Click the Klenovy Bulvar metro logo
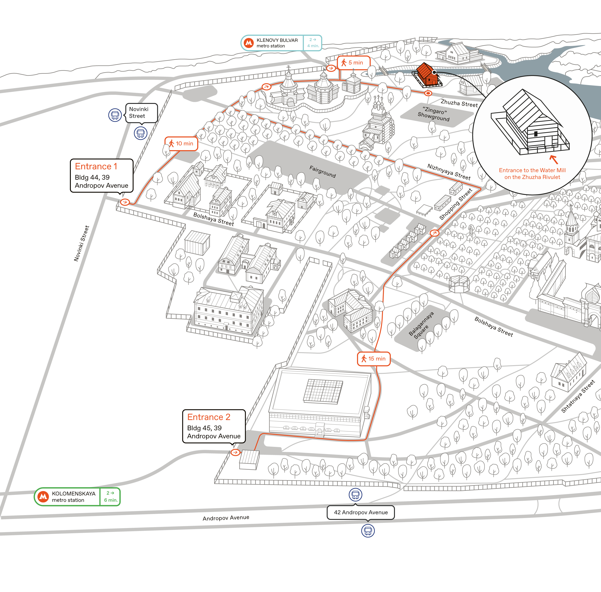point(249,43)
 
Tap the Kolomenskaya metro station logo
point(43,497)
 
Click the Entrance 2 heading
point(209,417)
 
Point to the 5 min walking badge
point(354,63)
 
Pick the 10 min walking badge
point(181,144)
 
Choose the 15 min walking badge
point(374,359)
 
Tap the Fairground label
point(323,171)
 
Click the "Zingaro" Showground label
point(434,114)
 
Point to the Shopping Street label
point(456,204)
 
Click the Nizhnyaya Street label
point(449,172)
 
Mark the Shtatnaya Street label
point(578,396)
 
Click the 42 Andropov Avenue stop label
point(361,512)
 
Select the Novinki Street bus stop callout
point(142,113)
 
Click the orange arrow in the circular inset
point(554,159)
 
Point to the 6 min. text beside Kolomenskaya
point(111,500)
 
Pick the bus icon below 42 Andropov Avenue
point(368,531)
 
